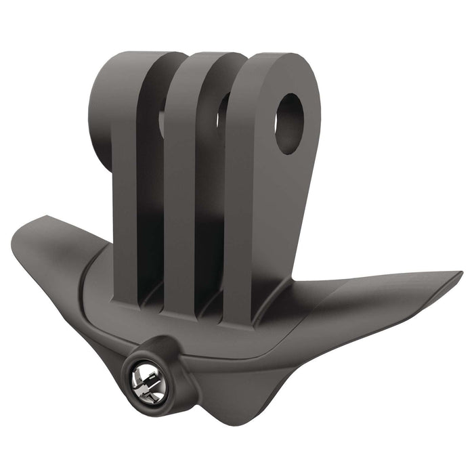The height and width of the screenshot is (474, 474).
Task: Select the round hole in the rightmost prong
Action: click(x=290, y=123)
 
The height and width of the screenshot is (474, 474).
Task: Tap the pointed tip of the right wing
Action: click(x=460, y=275)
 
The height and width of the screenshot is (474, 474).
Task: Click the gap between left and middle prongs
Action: click(x=150, y=203)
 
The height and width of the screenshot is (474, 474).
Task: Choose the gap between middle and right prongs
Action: click(x=209, y=203)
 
